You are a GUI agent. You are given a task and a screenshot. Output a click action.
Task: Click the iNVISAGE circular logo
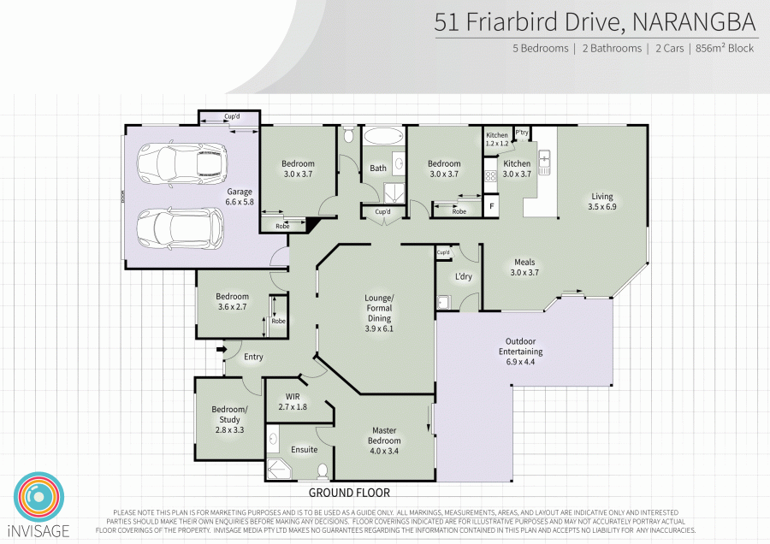tap(38, 494)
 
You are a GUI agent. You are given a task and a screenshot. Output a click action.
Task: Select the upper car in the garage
tap(181, 163)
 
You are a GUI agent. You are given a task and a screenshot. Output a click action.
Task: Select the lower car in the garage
tap(181, 228)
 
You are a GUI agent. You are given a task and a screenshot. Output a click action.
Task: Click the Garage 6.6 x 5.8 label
tap(240, 196)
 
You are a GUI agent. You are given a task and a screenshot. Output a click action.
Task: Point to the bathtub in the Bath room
tap(382, 137)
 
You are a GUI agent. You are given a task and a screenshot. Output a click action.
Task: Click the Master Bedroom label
tap(383, 435)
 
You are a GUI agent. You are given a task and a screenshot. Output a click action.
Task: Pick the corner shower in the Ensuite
tap(279, 468)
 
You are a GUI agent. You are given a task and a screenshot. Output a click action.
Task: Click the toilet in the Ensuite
tap(323, 470)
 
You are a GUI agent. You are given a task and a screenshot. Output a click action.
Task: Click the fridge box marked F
tap(491, 206)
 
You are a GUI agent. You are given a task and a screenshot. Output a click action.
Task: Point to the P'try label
tap(521, 133)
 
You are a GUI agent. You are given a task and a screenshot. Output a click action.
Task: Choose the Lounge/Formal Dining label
tap(379, 313)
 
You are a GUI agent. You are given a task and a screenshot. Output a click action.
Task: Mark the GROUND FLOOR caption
tap(349, 493)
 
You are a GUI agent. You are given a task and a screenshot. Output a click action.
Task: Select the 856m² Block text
tap(725, 49)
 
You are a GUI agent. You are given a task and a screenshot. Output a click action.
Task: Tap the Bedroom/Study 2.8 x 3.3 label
tap(229, 419)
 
